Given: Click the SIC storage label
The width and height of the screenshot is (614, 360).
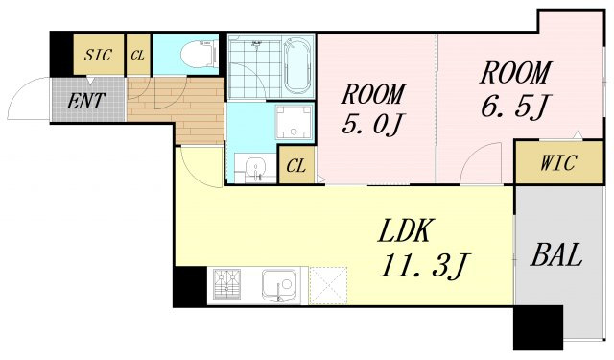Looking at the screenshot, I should (x=98, y=55).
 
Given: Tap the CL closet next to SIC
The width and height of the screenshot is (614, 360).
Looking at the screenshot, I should (x=138, y=55).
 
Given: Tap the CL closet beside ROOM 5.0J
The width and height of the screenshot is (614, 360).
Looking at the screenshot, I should (x=296, y=166).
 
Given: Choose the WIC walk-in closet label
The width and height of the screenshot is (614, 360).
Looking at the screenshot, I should (x=556, y=163).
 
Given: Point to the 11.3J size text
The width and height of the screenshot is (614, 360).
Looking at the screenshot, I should (x=427, y=265).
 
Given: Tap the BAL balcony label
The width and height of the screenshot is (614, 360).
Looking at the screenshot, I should (x=555, y=256).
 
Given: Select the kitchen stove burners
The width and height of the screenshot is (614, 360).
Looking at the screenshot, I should (x=227, y=285).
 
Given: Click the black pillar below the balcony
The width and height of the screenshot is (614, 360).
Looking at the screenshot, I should (x=536, y=328).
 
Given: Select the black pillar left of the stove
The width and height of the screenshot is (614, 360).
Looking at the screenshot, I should (x=189, y=285).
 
